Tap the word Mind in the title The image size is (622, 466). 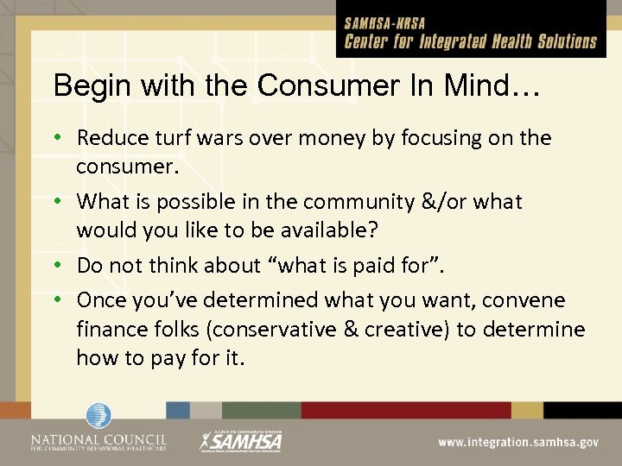coord(479,85)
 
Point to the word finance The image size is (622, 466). coord(109,330)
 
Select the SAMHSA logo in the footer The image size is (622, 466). coord(242,439)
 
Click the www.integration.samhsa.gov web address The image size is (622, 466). coord(517,441)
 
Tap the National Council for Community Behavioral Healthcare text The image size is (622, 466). coord(98,442)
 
